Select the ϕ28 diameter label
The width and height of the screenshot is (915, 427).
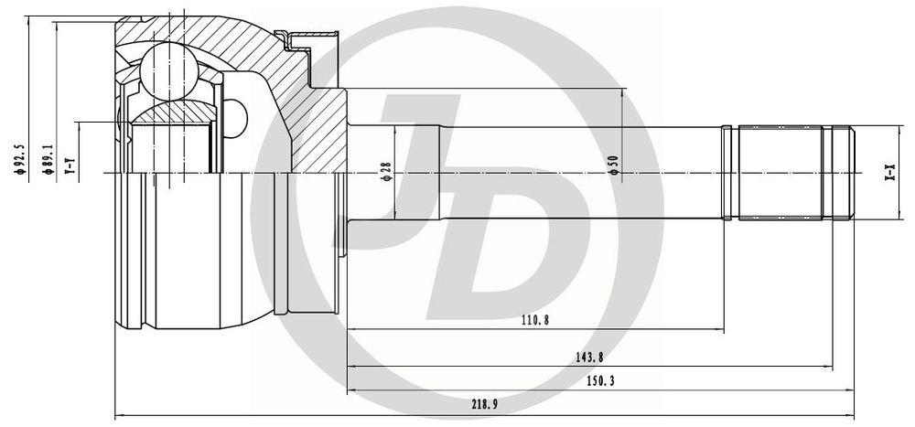coord(386,171)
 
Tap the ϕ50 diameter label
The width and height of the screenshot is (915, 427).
coord(613,165)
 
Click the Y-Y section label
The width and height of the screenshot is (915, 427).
coord(70,166)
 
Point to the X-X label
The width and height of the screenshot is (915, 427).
coord(889,173)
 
